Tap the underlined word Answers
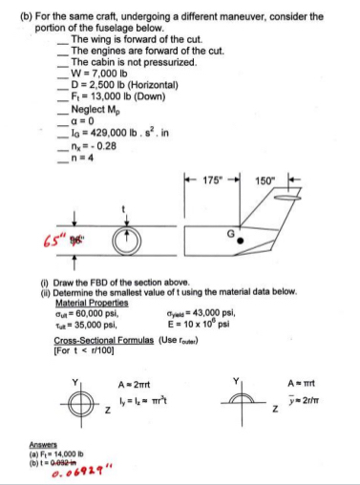(x=55, y=442)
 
